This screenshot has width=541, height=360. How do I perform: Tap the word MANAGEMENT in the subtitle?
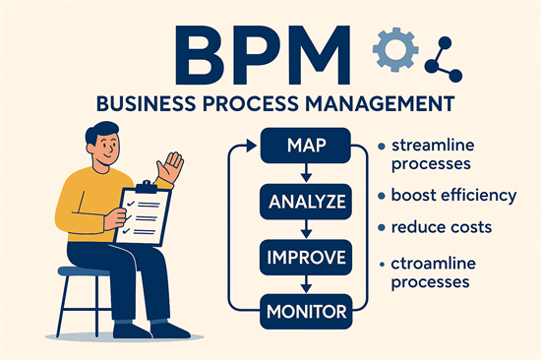point(388,102)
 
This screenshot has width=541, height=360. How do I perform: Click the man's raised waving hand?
point(174,165)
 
